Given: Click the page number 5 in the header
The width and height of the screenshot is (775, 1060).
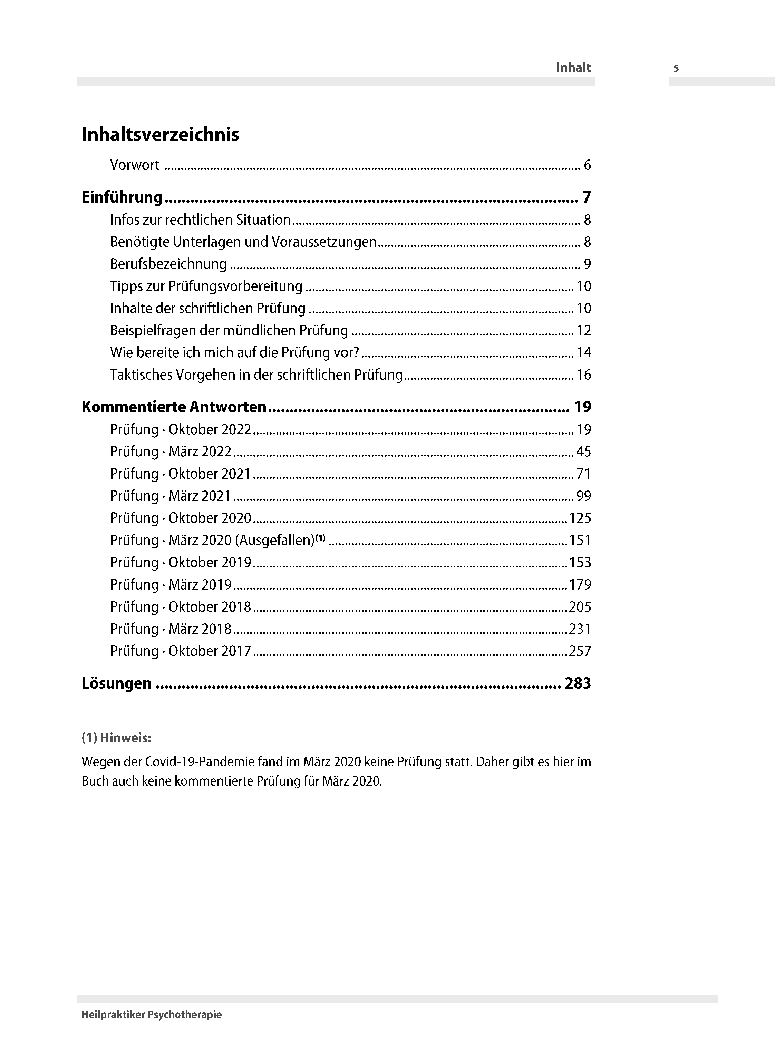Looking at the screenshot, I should pyautogui.click(x=676, y=68).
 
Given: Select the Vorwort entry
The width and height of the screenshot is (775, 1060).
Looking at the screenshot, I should pyautogui.click(x=135, y=165).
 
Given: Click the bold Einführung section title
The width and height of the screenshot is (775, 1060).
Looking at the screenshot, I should pyautogui.click(x=122, y=197).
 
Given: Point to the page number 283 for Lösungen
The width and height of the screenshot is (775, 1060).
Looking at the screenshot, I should pyautogui.click(x=578, y=683).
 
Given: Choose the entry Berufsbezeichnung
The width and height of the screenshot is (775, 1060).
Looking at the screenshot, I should pyautogui.click(x=168, y=264).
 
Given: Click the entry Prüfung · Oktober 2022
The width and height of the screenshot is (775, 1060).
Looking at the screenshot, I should pyautogui.click(x=181, y=430).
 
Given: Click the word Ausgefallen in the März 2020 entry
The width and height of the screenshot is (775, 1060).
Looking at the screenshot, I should pyautogui.click(x=274, y=540).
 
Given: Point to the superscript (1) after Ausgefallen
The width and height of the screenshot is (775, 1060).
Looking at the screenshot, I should pyautogui.click(x=320, y=538).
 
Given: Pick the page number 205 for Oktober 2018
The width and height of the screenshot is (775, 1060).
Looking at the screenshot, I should pyautogui.click(x=580, y=607).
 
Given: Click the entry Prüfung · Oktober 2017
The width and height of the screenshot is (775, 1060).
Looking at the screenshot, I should pyautogui.click(x=181, y=651).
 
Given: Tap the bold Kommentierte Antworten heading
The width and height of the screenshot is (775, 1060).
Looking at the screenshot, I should pyautogui.click(x=174, y=407).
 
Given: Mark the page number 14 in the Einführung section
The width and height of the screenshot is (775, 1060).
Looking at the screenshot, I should pyautogui.click(x=584, y=353).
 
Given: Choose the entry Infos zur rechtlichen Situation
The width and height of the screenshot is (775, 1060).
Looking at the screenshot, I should pyautogui.click(x=200, y=220).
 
